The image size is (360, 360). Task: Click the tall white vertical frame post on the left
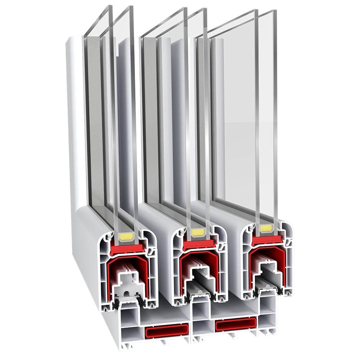tap(74, 123)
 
